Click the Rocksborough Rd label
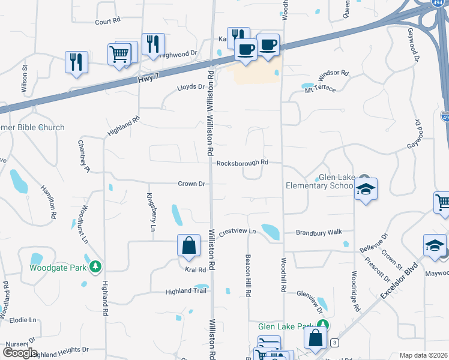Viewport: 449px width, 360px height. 242,163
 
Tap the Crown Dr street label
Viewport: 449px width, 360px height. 192,184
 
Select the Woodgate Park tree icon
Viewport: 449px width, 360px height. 95,266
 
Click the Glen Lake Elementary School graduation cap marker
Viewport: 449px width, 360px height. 366,190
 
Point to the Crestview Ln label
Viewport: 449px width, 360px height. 237,231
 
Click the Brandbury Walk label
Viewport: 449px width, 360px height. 319,232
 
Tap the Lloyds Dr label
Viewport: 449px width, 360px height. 191,87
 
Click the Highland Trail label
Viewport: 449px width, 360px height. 186,292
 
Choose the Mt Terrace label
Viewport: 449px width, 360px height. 320,88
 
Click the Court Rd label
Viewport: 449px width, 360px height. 107,21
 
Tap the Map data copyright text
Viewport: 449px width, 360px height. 424,355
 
